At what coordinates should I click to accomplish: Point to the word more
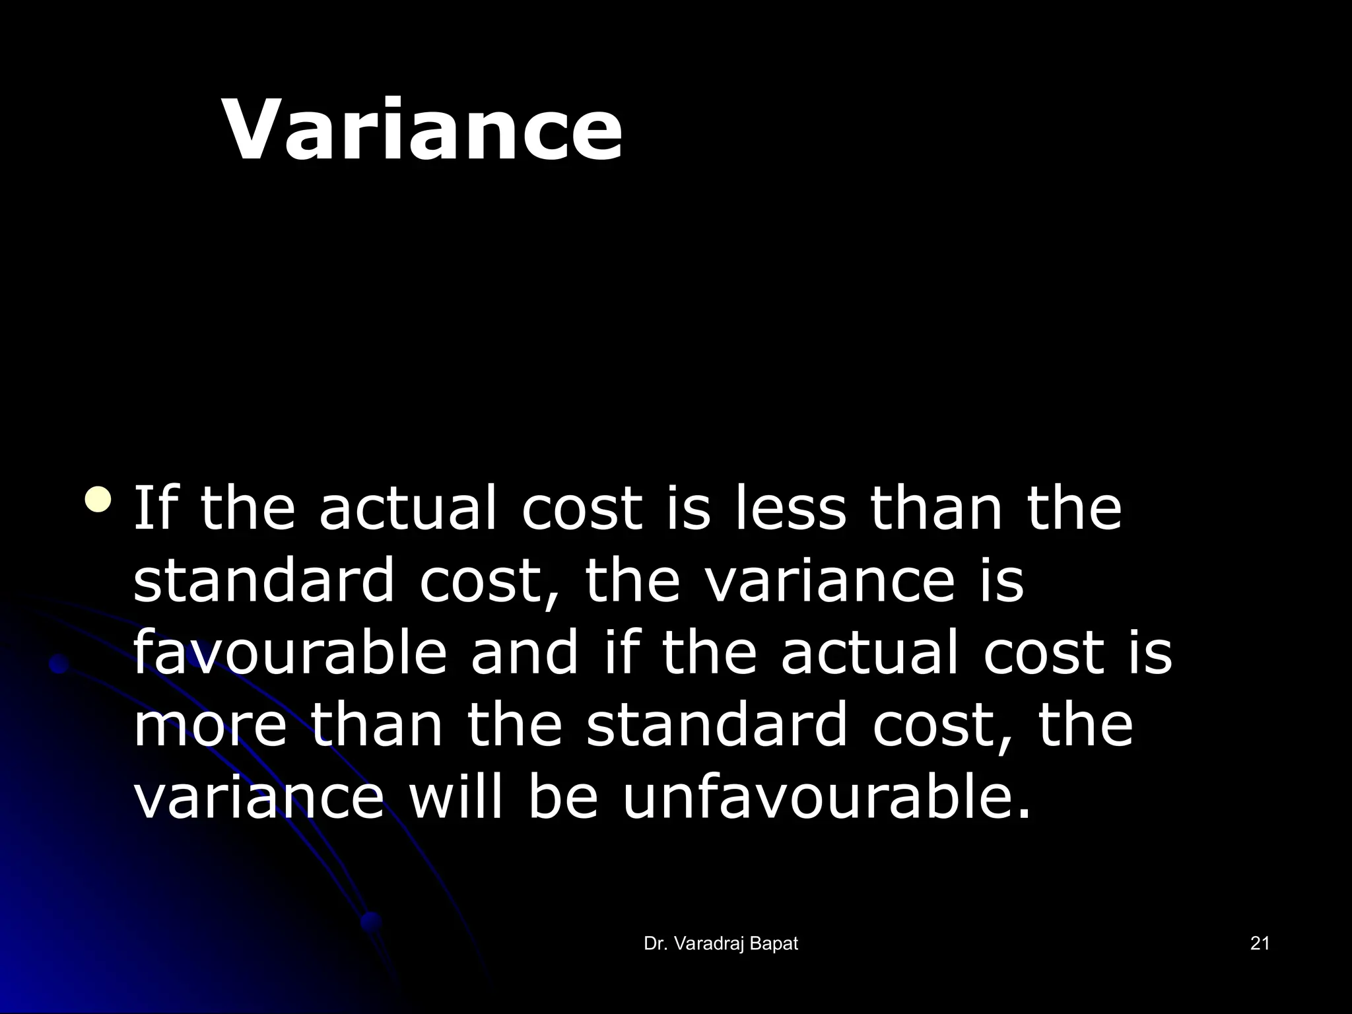click(210, 725)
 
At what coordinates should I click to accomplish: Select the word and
click(524, 652)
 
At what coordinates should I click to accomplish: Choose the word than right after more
click(377, 725)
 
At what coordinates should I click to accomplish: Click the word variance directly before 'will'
click(258, 797)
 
